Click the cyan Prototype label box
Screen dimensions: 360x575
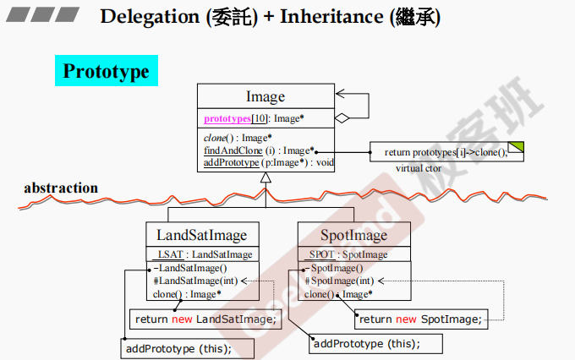[x=106, y=71]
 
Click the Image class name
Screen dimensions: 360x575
[x=265, y=96]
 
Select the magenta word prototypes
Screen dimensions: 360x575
[x=227, y=118]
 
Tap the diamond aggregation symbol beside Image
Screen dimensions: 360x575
[x=342, y=118]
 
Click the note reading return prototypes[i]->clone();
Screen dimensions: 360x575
[x=446, y=152]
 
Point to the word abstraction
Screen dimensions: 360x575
[x=61, y=188]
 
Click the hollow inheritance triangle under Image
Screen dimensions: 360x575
[x=266, y=177]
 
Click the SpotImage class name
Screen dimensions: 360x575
[x=354, y=234]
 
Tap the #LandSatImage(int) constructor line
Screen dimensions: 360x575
[x=194, y=281]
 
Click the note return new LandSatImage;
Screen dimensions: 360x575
[x=205, y=319]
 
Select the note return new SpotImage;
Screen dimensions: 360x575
[x=419, y=319]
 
